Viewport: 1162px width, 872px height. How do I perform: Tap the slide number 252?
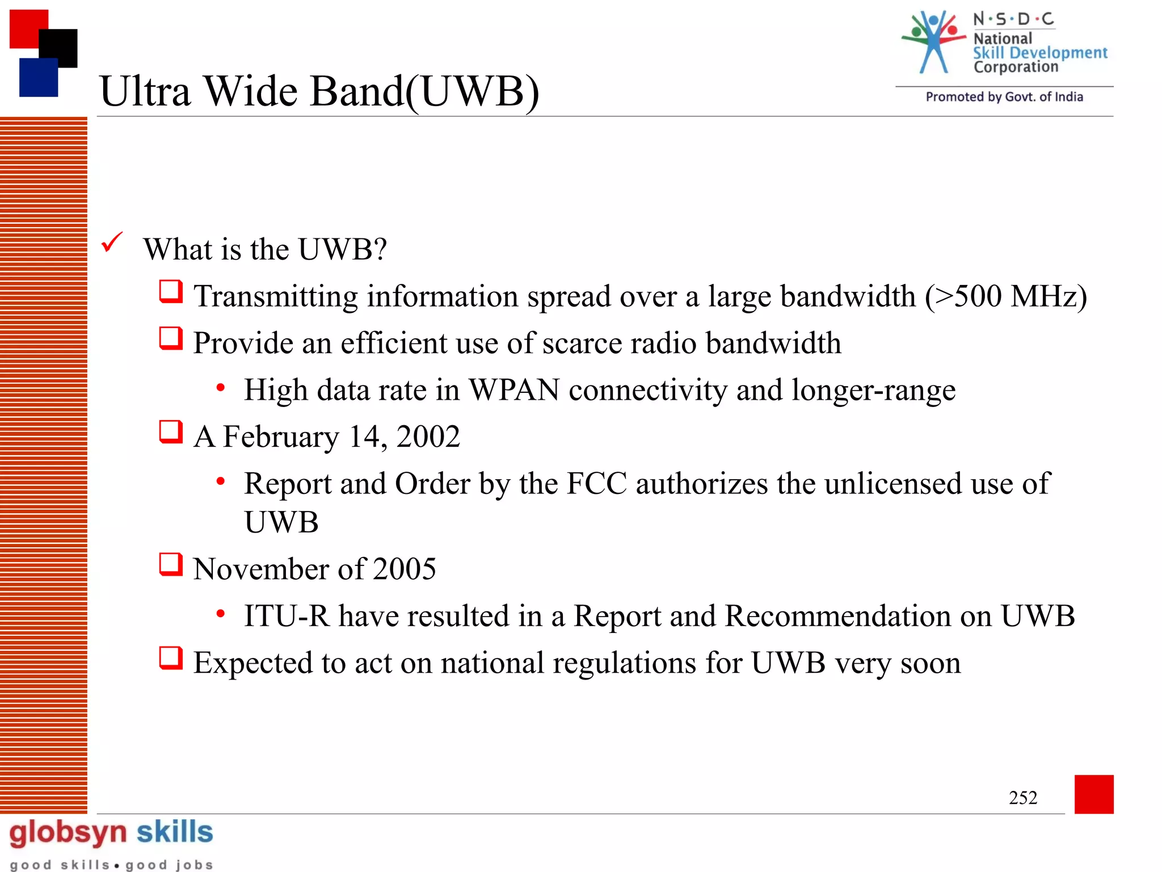point(1022,798)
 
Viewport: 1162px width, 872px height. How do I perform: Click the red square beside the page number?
point(1093,794)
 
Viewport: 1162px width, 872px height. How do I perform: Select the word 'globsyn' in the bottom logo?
point(68,833)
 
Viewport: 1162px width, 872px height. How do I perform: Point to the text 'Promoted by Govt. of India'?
point(1004,97)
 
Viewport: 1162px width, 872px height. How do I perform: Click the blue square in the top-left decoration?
point(38,78)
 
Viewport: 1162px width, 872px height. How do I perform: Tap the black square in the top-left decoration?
point(58,48)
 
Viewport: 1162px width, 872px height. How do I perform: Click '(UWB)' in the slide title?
point(473,91)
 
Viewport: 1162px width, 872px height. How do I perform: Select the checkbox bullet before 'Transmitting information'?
point(171,292)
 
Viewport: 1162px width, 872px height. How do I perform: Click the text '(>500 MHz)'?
point(1005,296)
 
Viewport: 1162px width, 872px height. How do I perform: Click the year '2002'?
point(428,437)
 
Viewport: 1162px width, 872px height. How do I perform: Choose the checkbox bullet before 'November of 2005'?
point(171,565)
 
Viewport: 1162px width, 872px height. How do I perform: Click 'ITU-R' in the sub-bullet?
point(287,616)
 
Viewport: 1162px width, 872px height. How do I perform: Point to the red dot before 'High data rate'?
point(221,388)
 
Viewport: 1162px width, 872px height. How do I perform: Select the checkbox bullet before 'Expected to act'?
point(171,659)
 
